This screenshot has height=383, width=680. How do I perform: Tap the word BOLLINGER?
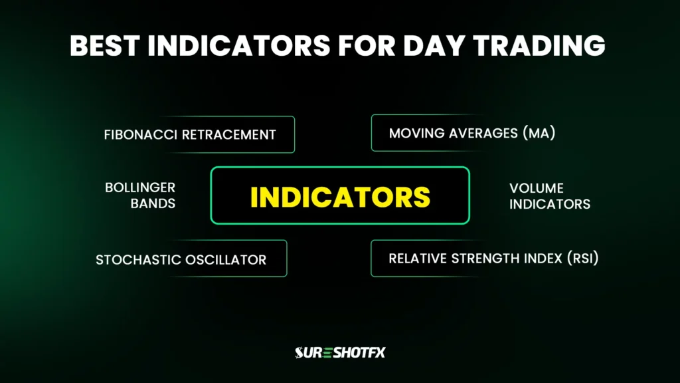pos(140,188)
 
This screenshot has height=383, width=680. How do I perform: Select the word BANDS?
pos(153,204)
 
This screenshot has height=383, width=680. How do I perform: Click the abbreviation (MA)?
pos(539,133)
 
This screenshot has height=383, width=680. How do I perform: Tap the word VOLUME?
pos(537,188)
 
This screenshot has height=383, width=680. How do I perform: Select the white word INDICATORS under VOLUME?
pos(550,204)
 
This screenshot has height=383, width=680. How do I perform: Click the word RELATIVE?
pos(418,258)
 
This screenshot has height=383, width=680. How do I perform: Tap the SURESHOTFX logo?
pos(340,352)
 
